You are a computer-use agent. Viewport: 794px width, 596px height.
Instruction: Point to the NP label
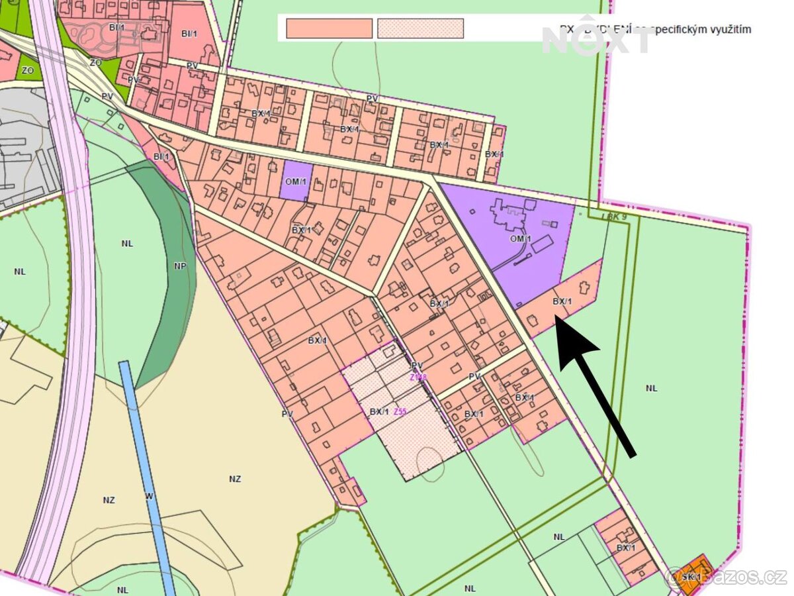point(181,266)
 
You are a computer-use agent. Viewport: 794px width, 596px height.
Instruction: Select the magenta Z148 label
point(418,377)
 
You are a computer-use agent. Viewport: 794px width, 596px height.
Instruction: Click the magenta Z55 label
point(400,411)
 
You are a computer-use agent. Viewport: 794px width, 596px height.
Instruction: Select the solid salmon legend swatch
point(329,28)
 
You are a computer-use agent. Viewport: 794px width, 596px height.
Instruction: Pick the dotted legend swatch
point(420,28)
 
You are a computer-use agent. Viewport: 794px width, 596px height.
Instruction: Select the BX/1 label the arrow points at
point(561,301)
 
